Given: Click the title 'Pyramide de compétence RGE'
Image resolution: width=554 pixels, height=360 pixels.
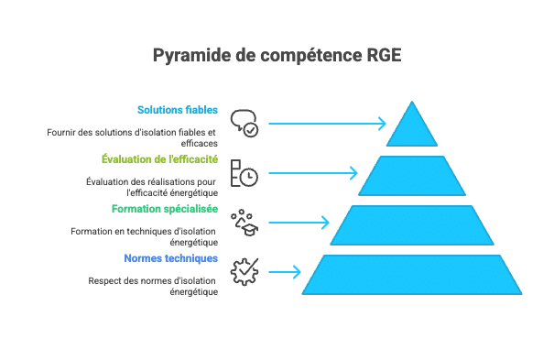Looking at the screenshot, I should (x=277, y=56).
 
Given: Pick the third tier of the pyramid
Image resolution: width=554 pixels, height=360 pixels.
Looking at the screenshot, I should (x=412, y=225).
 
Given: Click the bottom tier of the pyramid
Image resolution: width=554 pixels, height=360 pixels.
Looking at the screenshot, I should (x=412, y=274).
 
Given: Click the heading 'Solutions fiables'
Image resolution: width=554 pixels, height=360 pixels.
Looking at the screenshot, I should (x=178, y=110).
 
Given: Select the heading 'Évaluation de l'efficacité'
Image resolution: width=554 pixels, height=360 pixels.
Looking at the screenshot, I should (x=159, y=159).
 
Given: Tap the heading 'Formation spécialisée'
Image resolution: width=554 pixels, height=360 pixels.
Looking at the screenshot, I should (x=165, y=209).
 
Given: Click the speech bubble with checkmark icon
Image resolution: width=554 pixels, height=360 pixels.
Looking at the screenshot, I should (x=244, y=123).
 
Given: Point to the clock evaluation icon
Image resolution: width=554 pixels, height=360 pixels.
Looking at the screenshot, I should (x=244, y=172).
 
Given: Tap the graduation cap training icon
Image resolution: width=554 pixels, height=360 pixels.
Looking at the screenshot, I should (x=244, y=222).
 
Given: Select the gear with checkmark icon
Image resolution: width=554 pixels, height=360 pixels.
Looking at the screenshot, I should (x=244, y=271).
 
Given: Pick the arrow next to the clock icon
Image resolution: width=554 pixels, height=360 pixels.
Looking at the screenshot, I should (x=311, y=172).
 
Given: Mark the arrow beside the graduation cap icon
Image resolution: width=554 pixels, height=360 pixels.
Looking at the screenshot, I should (x=297, y=222).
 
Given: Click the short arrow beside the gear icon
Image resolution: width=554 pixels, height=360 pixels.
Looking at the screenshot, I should (x=284, y=271).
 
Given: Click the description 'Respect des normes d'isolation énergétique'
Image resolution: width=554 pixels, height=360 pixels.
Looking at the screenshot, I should (x=153, y=286).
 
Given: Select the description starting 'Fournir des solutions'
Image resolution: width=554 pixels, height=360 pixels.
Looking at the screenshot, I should (x=134, y=137).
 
